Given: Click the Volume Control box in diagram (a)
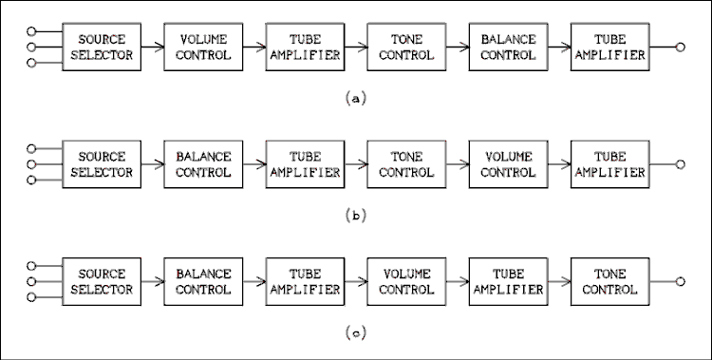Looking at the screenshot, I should [x=203, y=47].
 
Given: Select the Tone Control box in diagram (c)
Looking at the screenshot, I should [x=609, y=282].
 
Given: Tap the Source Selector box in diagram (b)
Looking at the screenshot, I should [x=102, y=164].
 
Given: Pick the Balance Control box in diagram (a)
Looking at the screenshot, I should [x=508, y=47].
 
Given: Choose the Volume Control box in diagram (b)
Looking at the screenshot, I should [x=508, y=164].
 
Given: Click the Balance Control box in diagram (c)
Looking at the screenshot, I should [x=203, y=282].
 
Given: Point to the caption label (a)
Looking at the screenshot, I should [x=355, y=97].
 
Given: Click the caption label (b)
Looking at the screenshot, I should [x=355, y=215].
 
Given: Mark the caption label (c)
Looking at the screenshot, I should [x=355, y=332].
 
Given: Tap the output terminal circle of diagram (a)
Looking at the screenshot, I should [x=680, y=47].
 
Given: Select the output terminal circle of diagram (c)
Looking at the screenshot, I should [x=680, y=282].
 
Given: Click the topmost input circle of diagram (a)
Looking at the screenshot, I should [x=32, y=29].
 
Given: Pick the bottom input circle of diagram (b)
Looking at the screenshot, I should [x=32, y=180].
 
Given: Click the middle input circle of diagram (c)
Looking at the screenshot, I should [x=32, y=282].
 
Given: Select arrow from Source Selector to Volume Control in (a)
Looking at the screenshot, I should [x=152, y=47].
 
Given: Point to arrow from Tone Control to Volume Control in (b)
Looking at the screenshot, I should [x=457, y=164].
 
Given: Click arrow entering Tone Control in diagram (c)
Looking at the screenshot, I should [x=558, y=282].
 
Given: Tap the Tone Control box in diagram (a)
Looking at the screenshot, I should [x=406, y=47].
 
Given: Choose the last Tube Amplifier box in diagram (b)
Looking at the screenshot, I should [x=609, y=164].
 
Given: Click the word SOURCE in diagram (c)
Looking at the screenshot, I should [x=102, y=275].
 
